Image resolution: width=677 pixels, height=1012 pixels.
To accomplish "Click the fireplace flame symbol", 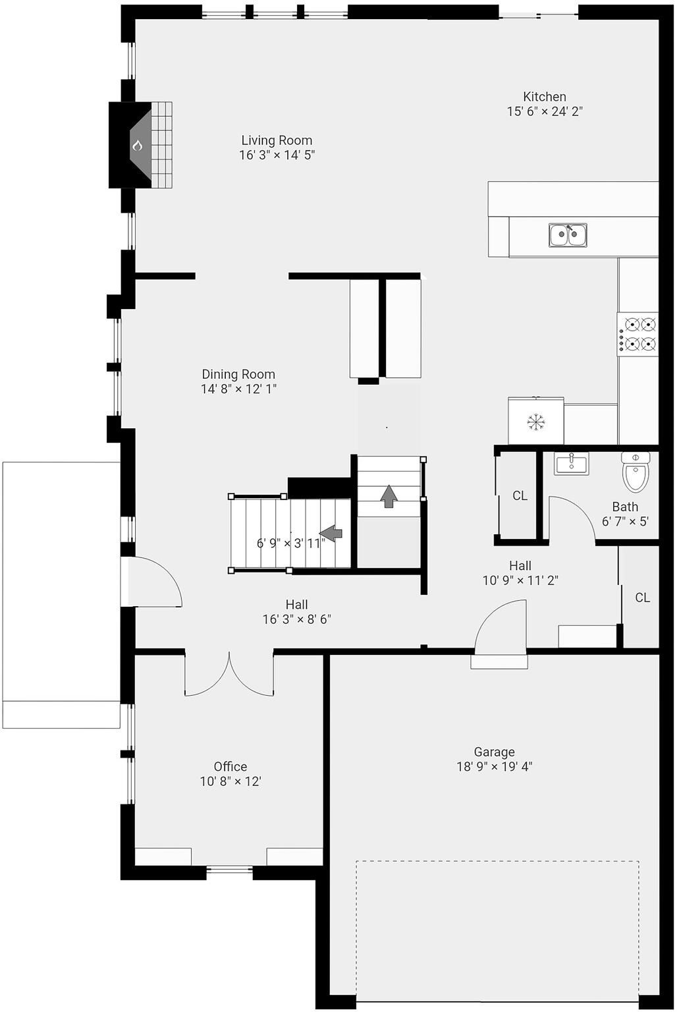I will click(137, 146).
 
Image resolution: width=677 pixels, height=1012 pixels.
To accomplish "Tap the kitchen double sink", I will click(568, 235).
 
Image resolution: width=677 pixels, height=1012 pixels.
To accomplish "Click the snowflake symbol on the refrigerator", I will click(537, 422).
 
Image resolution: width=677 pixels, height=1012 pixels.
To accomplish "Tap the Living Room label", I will click(277, 140).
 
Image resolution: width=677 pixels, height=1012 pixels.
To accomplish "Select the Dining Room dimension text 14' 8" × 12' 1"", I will click(238, 389).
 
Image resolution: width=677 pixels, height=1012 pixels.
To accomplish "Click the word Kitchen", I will click(545, 97).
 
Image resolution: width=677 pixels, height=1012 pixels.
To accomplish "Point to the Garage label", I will click(494, 752).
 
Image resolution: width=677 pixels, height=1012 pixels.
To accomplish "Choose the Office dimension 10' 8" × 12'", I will click(230, 781).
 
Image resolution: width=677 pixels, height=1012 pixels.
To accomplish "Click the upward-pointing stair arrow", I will click(389, 495).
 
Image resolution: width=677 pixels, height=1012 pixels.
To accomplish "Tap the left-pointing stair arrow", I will click(331, 532).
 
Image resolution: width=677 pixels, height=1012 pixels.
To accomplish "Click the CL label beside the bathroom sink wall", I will click(520, 495).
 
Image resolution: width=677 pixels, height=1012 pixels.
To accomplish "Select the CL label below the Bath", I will click(643, 598).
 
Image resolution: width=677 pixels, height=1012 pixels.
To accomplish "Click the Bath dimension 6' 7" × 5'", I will click(625, 521).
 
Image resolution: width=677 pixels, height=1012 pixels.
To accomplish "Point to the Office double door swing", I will click(229, 675).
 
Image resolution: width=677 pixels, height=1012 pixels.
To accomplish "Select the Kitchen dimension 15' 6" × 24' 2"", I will click(545, 111).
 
